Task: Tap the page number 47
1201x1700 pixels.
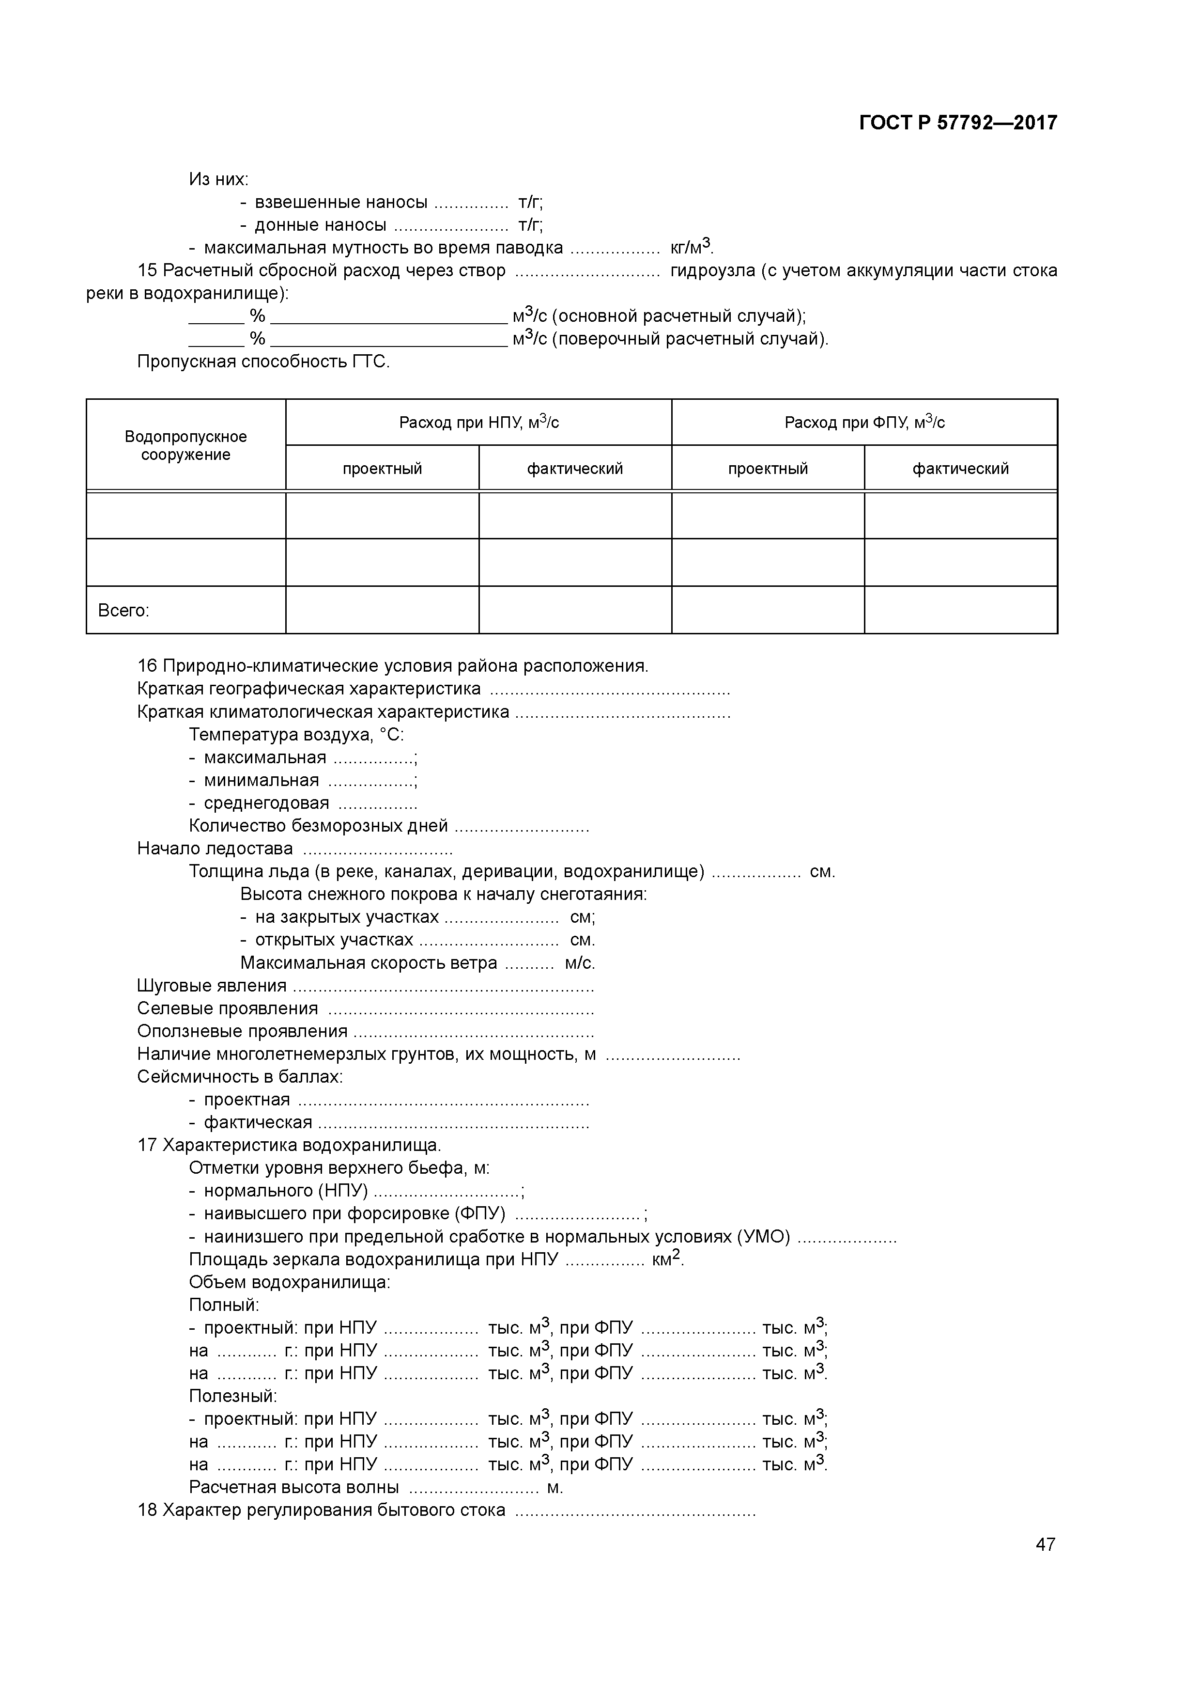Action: [1045, 1544]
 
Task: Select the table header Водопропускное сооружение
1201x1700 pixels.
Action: [186, 445]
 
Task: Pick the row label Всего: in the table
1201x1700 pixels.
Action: [123, 611]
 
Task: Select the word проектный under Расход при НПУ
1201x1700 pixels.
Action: [382, 469]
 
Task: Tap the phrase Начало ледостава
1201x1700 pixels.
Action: [215, 849]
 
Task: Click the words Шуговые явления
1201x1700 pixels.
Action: [212, 986]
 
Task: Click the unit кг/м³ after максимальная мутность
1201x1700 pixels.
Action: [691, 247]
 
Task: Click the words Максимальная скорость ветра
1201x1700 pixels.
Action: [369, 962]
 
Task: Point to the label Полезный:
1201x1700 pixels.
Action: [232, 1397]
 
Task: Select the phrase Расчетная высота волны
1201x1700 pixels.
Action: [294, 1488]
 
